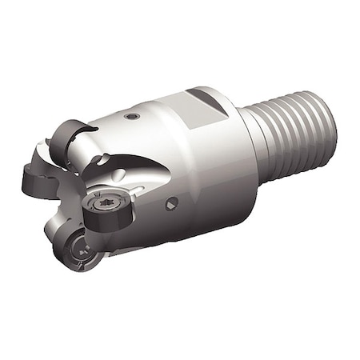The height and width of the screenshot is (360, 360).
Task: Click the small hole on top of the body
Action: tap(133, 117)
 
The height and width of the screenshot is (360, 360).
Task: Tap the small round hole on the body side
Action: tap(170, 205)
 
